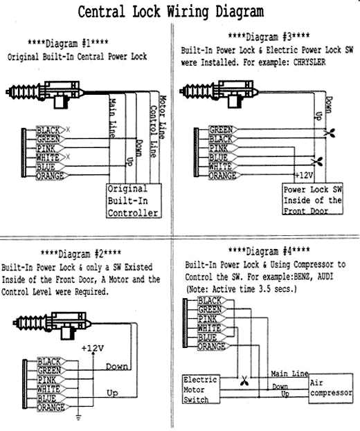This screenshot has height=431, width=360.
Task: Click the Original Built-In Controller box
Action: [x=134, y=201]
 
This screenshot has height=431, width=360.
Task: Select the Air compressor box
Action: [x=330, y=388]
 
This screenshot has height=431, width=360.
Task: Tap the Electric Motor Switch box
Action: [x=201, y=389]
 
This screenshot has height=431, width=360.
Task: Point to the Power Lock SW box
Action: [x=313, y=199]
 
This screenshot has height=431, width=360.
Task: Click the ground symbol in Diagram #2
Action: [x=78, y=418]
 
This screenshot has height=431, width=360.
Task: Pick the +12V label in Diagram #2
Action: [x=93, y=349]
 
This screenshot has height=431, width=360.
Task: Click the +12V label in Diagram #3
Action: [x=304, y=175]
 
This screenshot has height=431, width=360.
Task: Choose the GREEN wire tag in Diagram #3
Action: [x=223, y=129]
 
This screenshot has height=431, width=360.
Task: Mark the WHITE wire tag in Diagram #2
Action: [x=51, y=389]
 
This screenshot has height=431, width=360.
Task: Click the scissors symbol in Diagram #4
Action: [x=244, y=381]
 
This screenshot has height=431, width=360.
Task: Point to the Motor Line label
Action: [x=163, y=117]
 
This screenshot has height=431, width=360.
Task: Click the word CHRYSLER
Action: [x=309, y=62]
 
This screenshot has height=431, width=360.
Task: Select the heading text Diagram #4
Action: [x=269, y=251]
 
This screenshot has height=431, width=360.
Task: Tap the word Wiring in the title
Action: [x=188, y=12]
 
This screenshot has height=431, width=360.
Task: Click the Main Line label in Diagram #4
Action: [x=289, y=374]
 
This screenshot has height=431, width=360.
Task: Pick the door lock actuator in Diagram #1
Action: [x=45, y=93]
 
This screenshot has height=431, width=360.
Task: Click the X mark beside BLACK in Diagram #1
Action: [x=68, y=129]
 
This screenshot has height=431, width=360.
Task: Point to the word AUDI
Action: [x=325, y=277]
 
